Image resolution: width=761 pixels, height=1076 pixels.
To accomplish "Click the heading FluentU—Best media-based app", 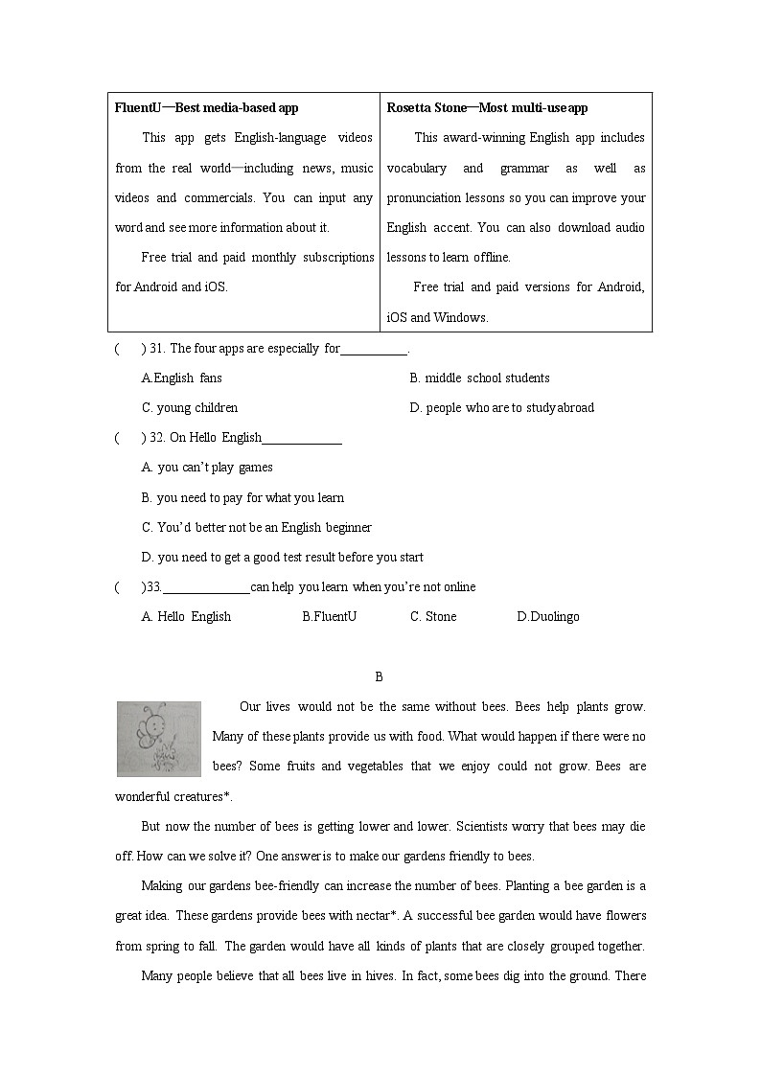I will tap(206, 108).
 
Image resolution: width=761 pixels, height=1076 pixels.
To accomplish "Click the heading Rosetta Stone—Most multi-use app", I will tap(487, 108).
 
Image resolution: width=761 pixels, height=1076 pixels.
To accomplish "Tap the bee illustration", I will tap(158, 738).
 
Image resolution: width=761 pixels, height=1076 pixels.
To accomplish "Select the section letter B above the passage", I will tap(379, 677).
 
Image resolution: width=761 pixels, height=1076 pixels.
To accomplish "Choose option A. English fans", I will tap(181, 378).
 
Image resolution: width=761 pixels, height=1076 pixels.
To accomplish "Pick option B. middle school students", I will tap(479, 378).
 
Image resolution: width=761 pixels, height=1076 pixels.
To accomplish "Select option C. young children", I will tap(190, 408).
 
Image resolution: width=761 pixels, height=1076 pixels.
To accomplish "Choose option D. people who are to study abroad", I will tap(501, 408).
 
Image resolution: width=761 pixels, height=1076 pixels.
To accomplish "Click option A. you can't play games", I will tap(207, 468).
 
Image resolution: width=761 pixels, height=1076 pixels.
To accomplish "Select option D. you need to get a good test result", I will tap(282, 558).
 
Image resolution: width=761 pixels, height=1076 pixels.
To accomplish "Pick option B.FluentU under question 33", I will tap(329, 617).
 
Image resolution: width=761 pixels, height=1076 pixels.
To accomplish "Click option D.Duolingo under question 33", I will tap(547, 617).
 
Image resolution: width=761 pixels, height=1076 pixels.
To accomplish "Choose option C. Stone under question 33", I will tap(433, 617).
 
